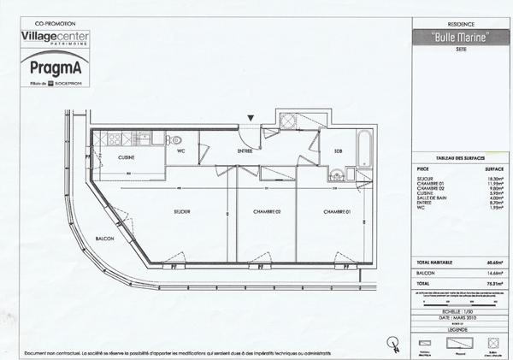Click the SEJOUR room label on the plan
(180, 211)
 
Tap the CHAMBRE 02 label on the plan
(267, 211)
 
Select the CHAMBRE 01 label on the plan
(338, 211)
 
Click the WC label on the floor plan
(181, 151)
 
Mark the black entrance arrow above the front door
(250, 119)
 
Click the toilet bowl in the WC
(175, 139)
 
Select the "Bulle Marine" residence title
(454, 38)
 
